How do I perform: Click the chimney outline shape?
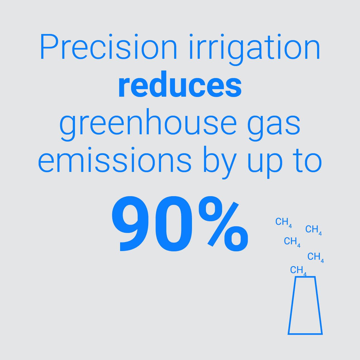point(305,305)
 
